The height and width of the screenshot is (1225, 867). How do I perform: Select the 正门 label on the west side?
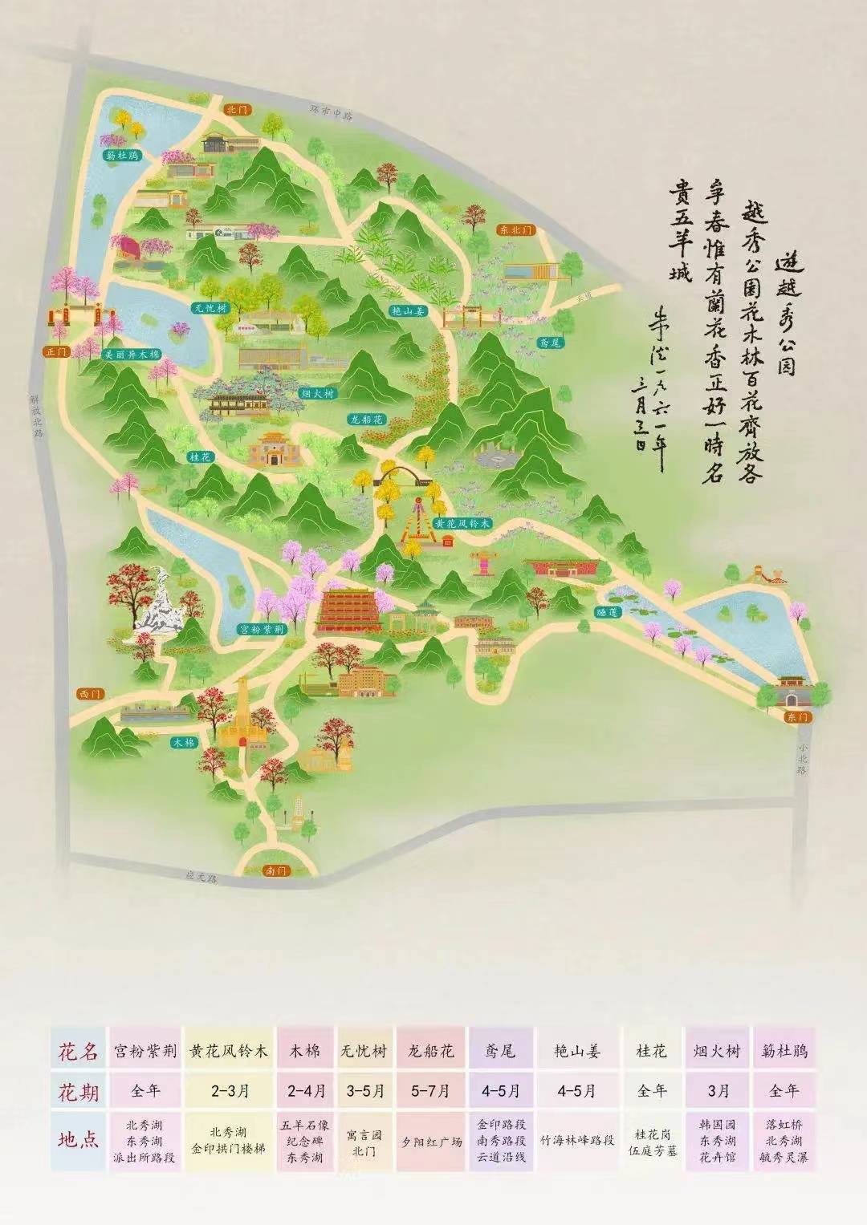pyautogui.click(x=58, y=351)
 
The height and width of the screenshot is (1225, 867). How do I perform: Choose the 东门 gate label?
pyautogui.click(x=797, y=716)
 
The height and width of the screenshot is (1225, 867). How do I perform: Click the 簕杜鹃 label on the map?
pyautogui.click(x=122, y=156)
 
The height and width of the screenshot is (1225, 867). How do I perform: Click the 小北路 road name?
pyautogui.click(x=801, y=759)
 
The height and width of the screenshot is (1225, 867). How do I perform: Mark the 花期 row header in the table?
pyautogui.click(x=79, y=1091)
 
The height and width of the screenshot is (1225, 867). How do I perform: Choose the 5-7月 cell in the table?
pyautogui.click(x=432, y=1091)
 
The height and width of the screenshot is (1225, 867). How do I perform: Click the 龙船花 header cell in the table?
pyautogui.click(x=432, y=1050)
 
